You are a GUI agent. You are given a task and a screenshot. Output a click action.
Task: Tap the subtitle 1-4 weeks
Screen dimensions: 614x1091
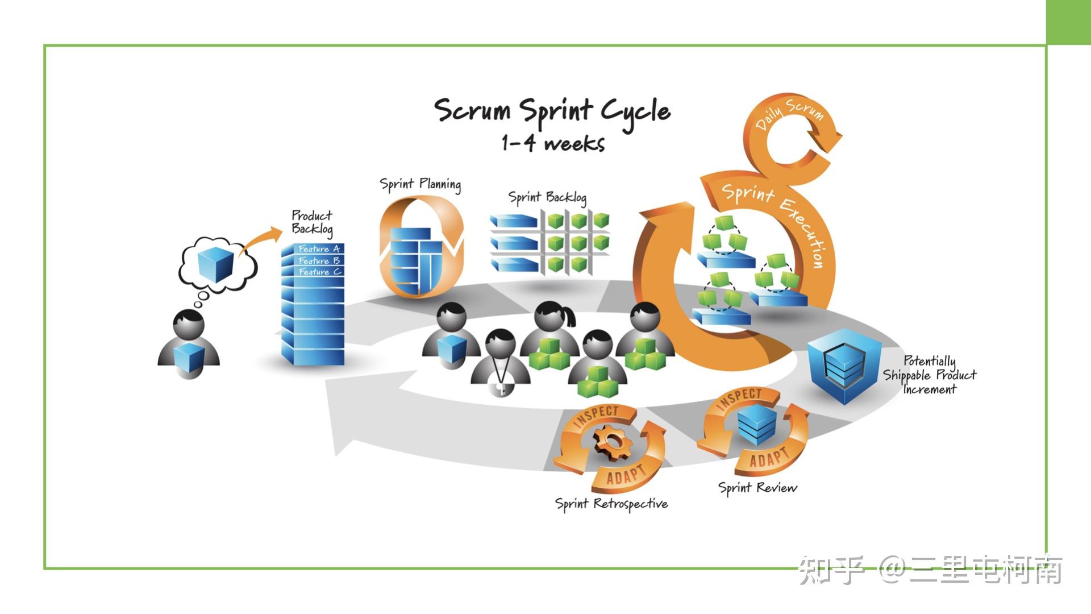[x=552, y=143]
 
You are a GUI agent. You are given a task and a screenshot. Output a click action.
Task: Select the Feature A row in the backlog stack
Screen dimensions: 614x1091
[x=318, y=249]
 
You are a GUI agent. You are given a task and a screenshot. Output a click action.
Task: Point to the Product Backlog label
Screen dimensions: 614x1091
[x=312, y=222]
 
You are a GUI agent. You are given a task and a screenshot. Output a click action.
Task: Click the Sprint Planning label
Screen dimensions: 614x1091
[x=420, y=184]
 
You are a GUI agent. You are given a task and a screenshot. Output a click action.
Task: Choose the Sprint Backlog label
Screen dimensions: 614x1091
[x=547, y=197]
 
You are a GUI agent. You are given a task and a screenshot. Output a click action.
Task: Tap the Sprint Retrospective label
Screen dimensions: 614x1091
[x=611, y=504]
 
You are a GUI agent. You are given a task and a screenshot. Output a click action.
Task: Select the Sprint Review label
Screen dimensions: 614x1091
[x=757, y=488]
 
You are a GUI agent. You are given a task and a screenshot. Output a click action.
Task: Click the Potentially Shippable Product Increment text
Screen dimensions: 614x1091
[x=930, y=375]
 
